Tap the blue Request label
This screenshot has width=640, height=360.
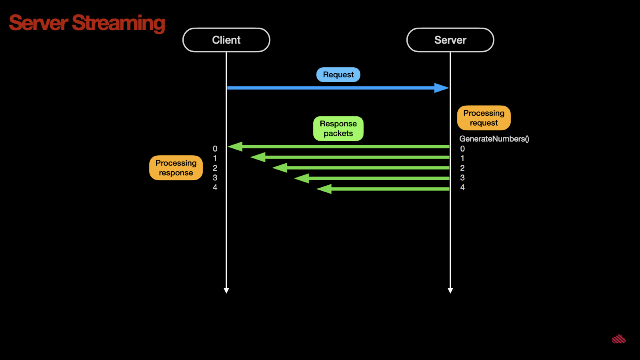[x=338, y=74]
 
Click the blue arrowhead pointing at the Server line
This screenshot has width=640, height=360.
[x=442, y=88]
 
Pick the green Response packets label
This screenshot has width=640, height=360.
[x=338, y=128]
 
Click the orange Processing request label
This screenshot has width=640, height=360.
[x=484, y=118]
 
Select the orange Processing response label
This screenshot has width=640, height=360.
[x=176, y=168]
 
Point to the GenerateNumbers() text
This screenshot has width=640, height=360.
[x=494, y=139]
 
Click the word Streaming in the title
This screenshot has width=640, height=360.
[x=118, y=24]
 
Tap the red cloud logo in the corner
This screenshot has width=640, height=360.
[x=619, y=339]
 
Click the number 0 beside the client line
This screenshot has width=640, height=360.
[x=215, y=148]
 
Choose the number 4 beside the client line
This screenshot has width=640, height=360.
[x=215, y=188]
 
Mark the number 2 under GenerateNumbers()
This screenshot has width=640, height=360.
[x=462, y=168]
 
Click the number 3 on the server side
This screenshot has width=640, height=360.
[x=462, y=178]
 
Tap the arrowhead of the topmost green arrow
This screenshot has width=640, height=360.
[x=235, y=146]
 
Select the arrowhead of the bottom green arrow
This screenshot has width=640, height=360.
[x=324, y=189]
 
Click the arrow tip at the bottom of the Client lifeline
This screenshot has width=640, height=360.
[x=226, y=293]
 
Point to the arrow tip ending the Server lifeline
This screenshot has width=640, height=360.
[x=450, y=293]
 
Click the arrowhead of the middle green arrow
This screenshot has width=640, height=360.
[x=280, y=168]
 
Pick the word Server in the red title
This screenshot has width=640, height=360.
[x=38, y=23]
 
